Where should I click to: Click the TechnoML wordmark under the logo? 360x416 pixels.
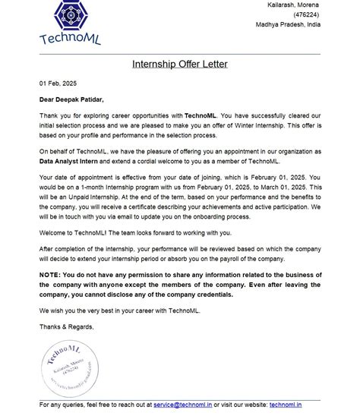70,39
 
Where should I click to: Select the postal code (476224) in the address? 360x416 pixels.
306,14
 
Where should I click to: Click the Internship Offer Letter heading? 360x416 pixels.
180,64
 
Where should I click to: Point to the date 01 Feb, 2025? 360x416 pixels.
58,84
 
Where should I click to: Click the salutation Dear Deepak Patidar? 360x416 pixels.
71,99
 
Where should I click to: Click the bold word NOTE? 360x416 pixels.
50,275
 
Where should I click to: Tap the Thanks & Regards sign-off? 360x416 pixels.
67,326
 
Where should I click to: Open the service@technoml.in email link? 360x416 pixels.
182,405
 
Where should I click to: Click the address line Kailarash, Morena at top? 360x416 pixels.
293,5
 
